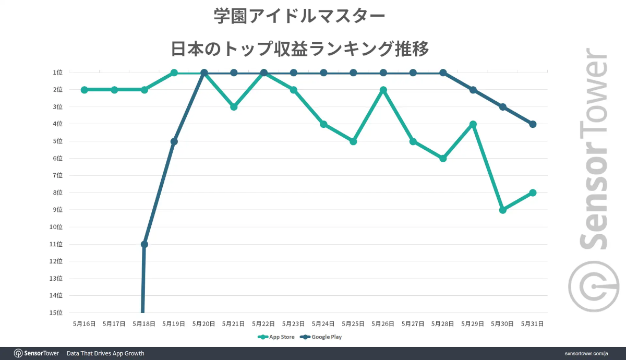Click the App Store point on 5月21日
click(234, 107)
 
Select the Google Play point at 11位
click(145, 244)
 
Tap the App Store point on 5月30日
click(503, 210)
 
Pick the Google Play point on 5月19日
click(174, 141)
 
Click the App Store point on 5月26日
click(383, 90)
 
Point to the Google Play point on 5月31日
click(533, 124)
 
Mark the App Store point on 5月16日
click(85, 90)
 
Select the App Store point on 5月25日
click(354, 141)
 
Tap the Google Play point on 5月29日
click(473, 90)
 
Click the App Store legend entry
click(276, 337)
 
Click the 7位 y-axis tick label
click(58, 175)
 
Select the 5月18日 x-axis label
click(144, 324)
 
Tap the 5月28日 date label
click(443, 324)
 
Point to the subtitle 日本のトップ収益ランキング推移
click(299, 49)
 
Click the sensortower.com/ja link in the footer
click(586, 354)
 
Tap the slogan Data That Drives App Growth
click(105, 354)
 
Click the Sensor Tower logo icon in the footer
click(18, 354)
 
